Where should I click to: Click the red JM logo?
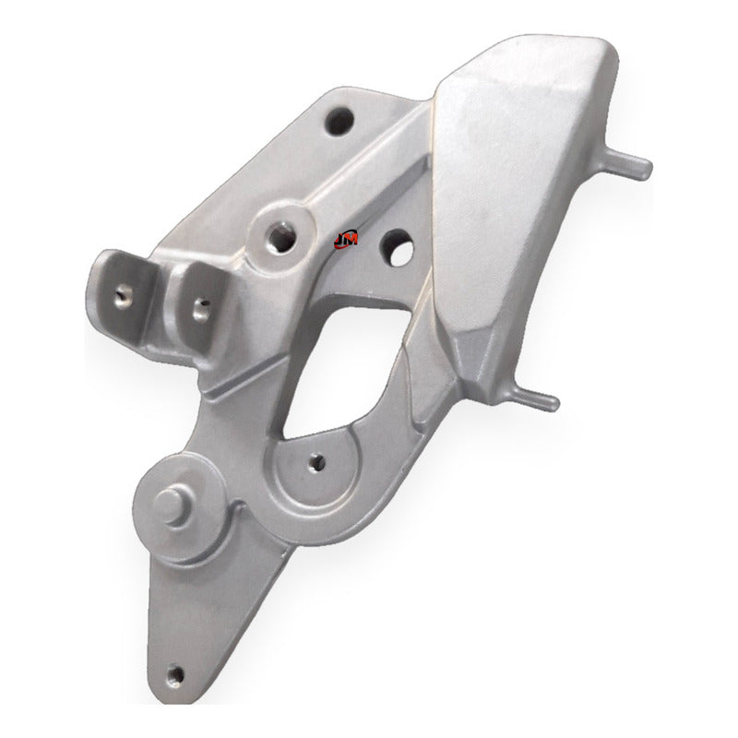[x=345, y=240]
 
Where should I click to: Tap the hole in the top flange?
[x=339, y=121]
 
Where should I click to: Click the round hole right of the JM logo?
[x=398, y=247]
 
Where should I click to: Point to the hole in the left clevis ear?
[x=124, y=294]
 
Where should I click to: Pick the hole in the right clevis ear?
[x=201, y=310]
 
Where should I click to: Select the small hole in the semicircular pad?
[x=316, y=463]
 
